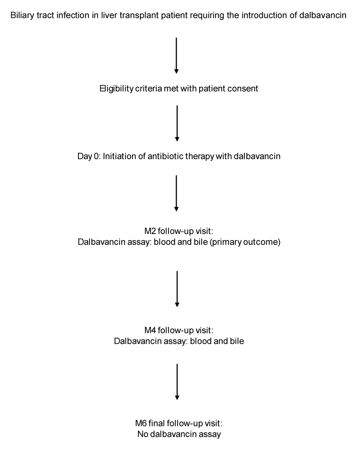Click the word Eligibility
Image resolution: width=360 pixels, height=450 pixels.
(116, 88)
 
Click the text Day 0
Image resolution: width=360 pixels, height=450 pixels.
(88, 156)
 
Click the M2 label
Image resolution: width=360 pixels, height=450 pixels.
(150, 231)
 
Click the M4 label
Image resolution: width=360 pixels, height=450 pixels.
(150, 330)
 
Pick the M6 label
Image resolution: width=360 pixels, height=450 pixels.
(141, 423)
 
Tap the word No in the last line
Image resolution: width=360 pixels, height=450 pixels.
(143, 434)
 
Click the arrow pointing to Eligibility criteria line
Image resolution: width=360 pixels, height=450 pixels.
(176, 55)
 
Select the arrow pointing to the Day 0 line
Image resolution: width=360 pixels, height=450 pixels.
(177, 124)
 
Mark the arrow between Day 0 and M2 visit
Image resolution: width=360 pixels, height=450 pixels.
(176, 194)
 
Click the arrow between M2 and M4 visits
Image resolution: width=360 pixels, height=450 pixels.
(177, 289)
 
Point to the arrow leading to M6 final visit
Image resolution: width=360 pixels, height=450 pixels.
(177, 382)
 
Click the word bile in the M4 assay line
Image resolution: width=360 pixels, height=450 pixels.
(237, 341)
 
